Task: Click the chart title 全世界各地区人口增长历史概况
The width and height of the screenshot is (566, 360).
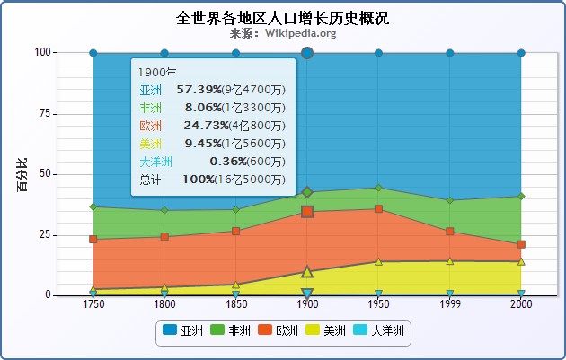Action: tap(283, 18)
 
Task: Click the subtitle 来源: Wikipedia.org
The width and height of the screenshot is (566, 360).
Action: tap(283, 33)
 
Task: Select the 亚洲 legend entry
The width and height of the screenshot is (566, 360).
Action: tap(183, 331)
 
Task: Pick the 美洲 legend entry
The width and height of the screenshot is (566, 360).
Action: tap(326, 331)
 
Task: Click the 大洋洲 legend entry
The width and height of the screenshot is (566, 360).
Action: tap(379, 331)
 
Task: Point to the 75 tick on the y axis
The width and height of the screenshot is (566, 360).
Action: tap(46, 113)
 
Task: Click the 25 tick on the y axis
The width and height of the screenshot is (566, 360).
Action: tap(46, 234)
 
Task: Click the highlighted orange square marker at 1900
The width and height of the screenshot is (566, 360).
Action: tap(307, 212)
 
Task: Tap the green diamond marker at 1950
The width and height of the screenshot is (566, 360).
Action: tap(378, 188)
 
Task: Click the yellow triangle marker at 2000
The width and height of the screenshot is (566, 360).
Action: tap(521, 261)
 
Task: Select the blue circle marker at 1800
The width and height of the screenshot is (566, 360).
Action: tap(164, 53)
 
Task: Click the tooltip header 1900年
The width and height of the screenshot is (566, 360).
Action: tap(158, 72)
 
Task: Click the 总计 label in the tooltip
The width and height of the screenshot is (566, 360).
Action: tap(151, 180)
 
